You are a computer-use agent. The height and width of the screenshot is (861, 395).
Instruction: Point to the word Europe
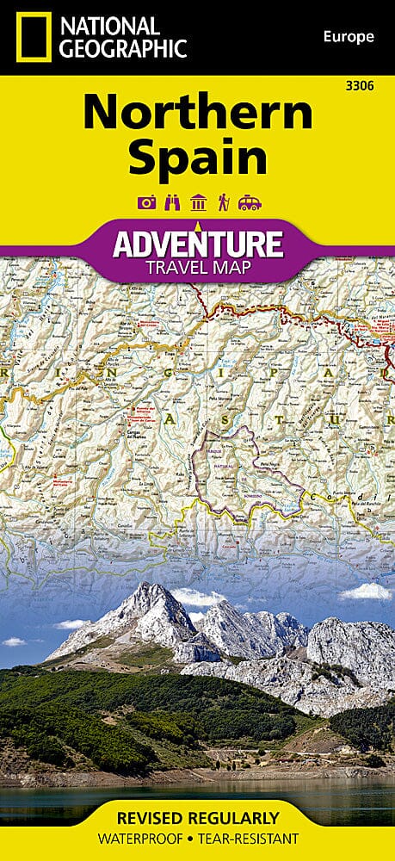pyautogui.click(x=349, y=37)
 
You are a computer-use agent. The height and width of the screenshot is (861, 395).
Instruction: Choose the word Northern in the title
pyautogui.click(x=197, y=115)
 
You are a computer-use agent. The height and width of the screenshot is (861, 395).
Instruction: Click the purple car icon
pyautogui.click(x=250, y=203)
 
